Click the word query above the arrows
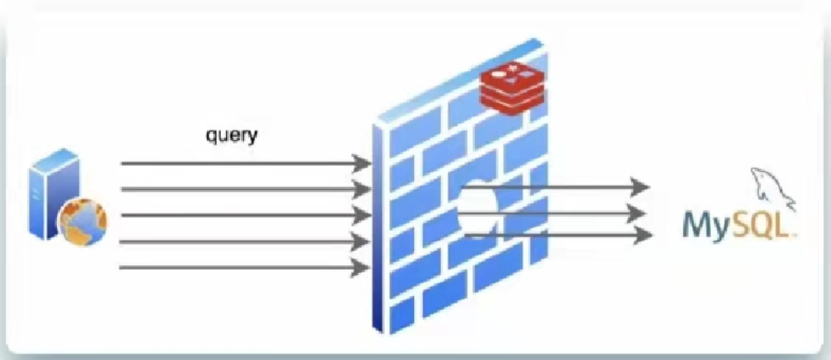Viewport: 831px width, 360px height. (232, 136)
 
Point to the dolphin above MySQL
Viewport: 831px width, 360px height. (773, 185)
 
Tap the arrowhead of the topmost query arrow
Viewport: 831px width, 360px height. (360, 163)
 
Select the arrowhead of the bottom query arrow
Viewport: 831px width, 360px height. (360, 268)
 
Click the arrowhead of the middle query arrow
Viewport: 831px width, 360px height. (360, 215)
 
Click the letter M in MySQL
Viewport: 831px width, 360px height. (696, 225)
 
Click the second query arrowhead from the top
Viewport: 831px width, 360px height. (360, 188)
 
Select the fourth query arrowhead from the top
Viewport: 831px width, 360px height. (360, 242)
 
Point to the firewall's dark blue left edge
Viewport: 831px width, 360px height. (378, 231)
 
